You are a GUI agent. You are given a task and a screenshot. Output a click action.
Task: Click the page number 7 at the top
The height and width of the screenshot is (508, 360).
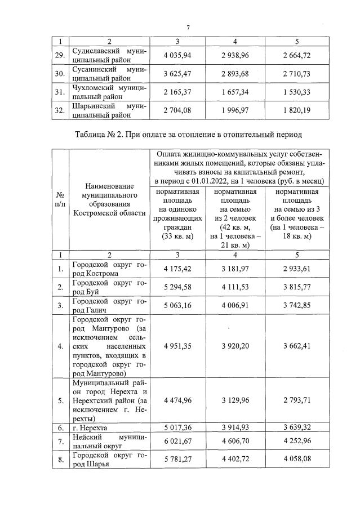[188, 26]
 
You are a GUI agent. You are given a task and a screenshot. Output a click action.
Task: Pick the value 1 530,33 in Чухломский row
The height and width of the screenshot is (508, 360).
[297, 91]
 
